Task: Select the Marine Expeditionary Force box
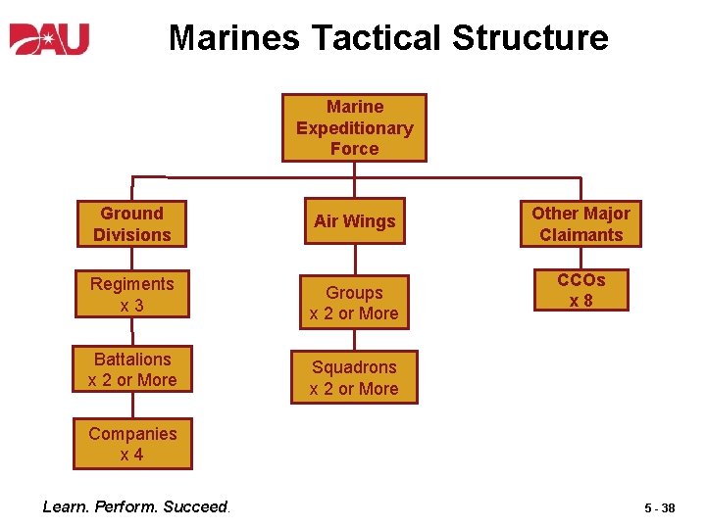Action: click(354, 127)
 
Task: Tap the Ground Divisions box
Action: click(131, 224)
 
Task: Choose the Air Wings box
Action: click(354, 221)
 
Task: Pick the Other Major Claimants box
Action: click(580, 224)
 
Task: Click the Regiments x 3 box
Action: click(131, 295)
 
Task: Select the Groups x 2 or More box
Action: click(354, 303)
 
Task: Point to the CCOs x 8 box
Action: click(580, 290)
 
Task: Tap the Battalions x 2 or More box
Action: click(131, 369)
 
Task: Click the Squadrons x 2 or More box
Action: click(354, 378)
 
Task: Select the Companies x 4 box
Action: click(131, 444)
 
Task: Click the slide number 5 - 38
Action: click(659, 508)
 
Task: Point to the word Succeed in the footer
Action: click(195, 506)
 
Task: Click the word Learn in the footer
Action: click(66, 506)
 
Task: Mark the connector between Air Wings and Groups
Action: click(354, 260)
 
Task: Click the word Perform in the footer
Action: click(126, 506)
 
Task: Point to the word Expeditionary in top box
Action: click(354, 127)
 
